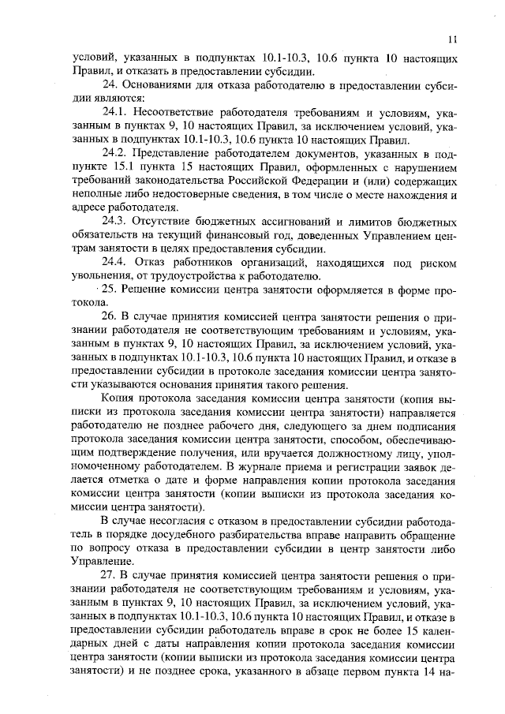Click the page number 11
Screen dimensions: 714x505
click(452, 38)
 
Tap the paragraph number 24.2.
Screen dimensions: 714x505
click(115, 151)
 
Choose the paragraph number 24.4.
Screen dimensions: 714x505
click(115, 261)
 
